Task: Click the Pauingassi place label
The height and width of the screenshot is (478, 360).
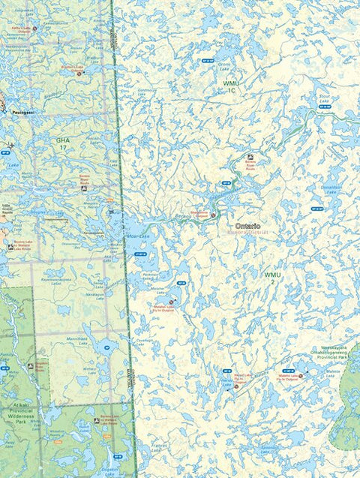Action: [22, 111]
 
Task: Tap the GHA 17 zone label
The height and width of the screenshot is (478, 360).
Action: [62, 143]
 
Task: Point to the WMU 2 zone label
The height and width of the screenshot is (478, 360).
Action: [271, 278]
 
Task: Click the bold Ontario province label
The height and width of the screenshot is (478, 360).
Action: [248, 226]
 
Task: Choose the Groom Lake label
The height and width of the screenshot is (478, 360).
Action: [224, 66]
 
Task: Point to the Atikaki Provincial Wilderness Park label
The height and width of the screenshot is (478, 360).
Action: [18, 416]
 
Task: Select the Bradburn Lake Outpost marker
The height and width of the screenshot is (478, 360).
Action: [79, 74]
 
